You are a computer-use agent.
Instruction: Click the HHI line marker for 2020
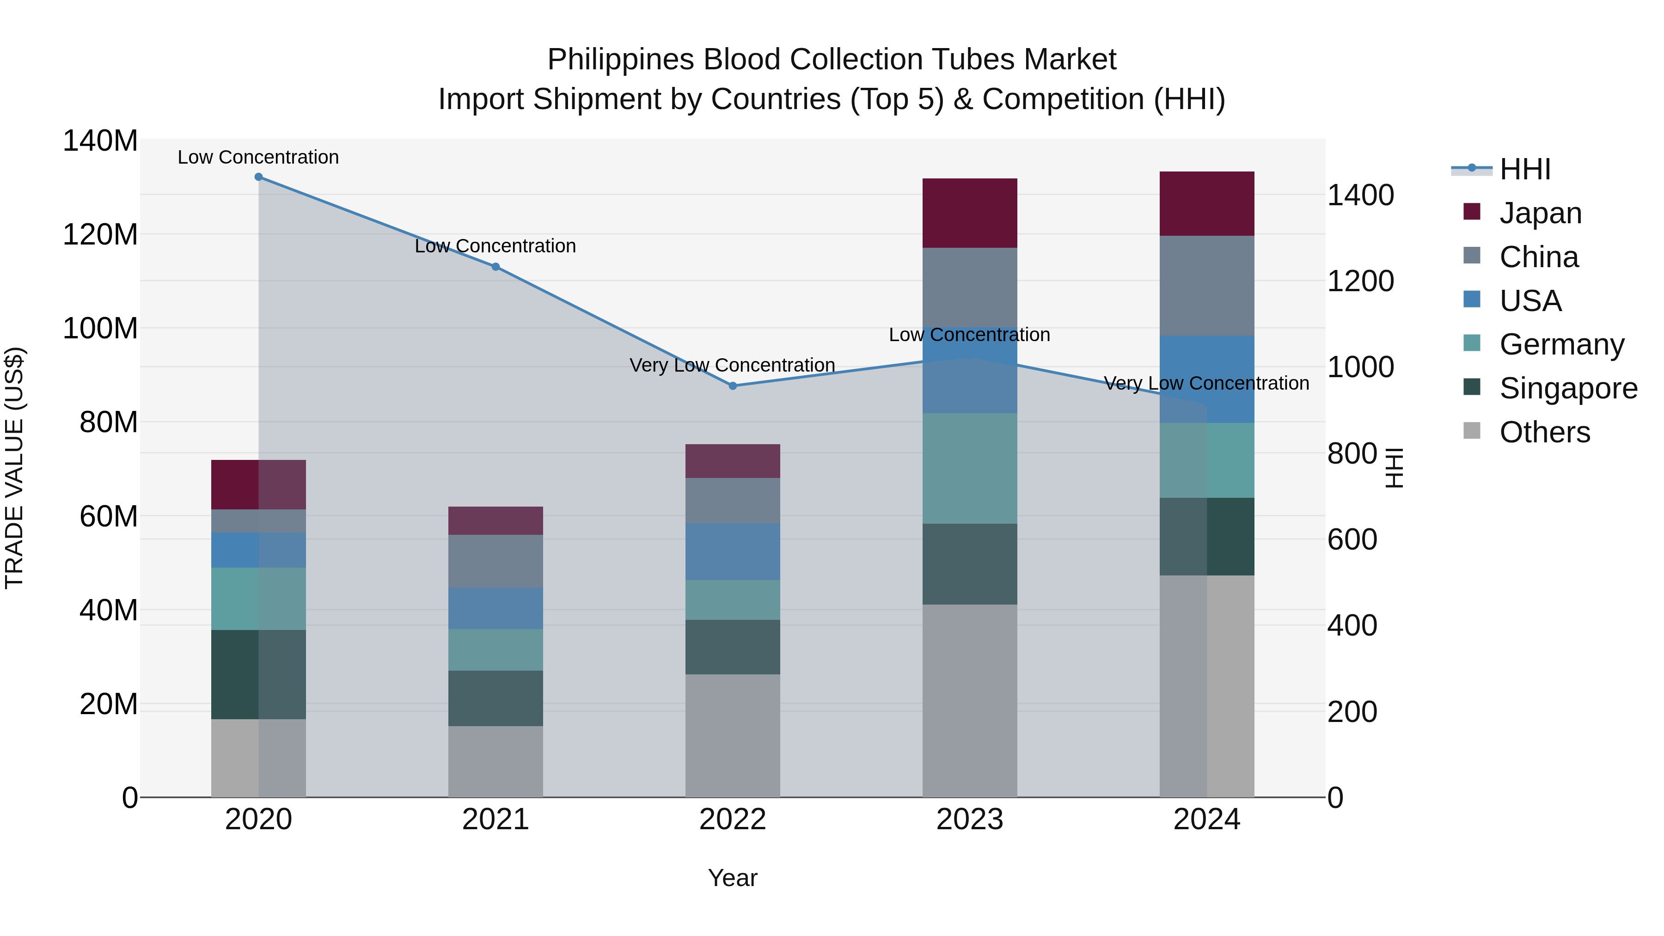258,177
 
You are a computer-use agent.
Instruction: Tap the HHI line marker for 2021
496,267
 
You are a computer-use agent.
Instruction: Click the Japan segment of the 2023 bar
970,213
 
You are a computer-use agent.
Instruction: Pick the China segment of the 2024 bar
1207,286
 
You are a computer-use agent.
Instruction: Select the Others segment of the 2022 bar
733,736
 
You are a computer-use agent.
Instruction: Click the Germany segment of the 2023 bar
970,468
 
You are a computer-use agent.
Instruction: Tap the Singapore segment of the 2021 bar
496,698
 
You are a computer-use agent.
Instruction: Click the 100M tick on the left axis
100,328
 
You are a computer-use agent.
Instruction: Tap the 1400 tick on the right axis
1360,195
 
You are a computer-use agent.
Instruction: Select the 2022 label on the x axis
733,820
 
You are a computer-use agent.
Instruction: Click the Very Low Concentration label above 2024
1206,383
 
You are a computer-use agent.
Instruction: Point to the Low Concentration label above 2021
496,246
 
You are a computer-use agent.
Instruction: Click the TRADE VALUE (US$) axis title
14,468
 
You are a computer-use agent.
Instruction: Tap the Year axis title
733,878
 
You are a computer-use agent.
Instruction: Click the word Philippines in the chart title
621,60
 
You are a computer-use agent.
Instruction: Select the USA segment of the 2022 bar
733,551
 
